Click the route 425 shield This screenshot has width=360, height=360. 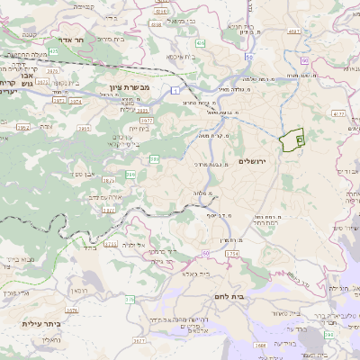[x=54, y=52]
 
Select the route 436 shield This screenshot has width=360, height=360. [x=199, y=42]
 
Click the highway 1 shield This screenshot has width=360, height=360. [x=174, y=90]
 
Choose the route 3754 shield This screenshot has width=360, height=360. [x=231, y=255]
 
